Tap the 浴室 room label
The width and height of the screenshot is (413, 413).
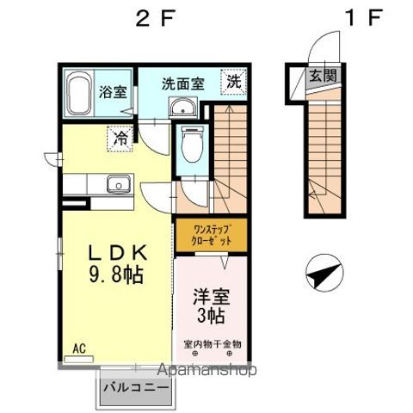111,90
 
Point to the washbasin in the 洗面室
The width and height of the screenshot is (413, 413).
182,108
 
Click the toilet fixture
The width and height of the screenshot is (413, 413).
191,144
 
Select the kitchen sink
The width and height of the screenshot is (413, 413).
117,182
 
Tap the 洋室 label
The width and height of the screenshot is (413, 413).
210,293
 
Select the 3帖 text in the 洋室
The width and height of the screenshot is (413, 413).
211,315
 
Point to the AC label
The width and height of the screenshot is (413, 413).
77,348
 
